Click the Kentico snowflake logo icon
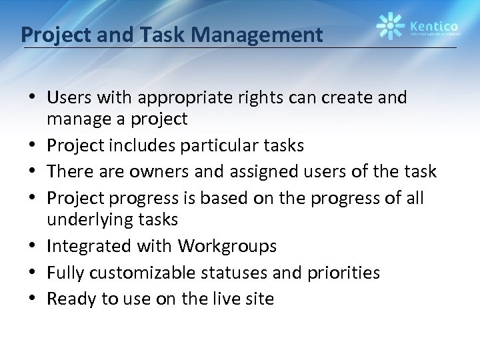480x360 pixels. [x=390, y=27]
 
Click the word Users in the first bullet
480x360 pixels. [x=68, y=98]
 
